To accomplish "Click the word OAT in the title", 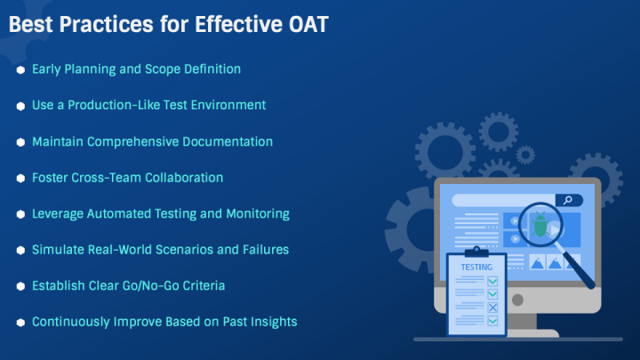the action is click(308, 24).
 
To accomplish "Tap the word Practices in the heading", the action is click(107, 24).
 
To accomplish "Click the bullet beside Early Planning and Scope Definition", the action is click(20, 70).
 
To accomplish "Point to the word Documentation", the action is click(228, 141).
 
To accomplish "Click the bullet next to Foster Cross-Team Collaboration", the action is click(20, 179).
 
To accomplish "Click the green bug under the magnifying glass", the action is click(540, 224).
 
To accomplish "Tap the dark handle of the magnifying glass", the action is click(579, 269).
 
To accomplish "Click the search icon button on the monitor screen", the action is click(569, 200).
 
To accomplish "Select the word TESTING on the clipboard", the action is click(476, 268).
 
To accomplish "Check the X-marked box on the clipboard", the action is click(492, 308).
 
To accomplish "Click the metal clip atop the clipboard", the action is click(476, 252).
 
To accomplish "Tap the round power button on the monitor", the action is click(517, 300).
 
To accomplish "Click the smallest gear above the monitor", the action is click(525, 155).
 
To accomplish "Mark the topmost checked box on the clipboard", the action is click(492, 281).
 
